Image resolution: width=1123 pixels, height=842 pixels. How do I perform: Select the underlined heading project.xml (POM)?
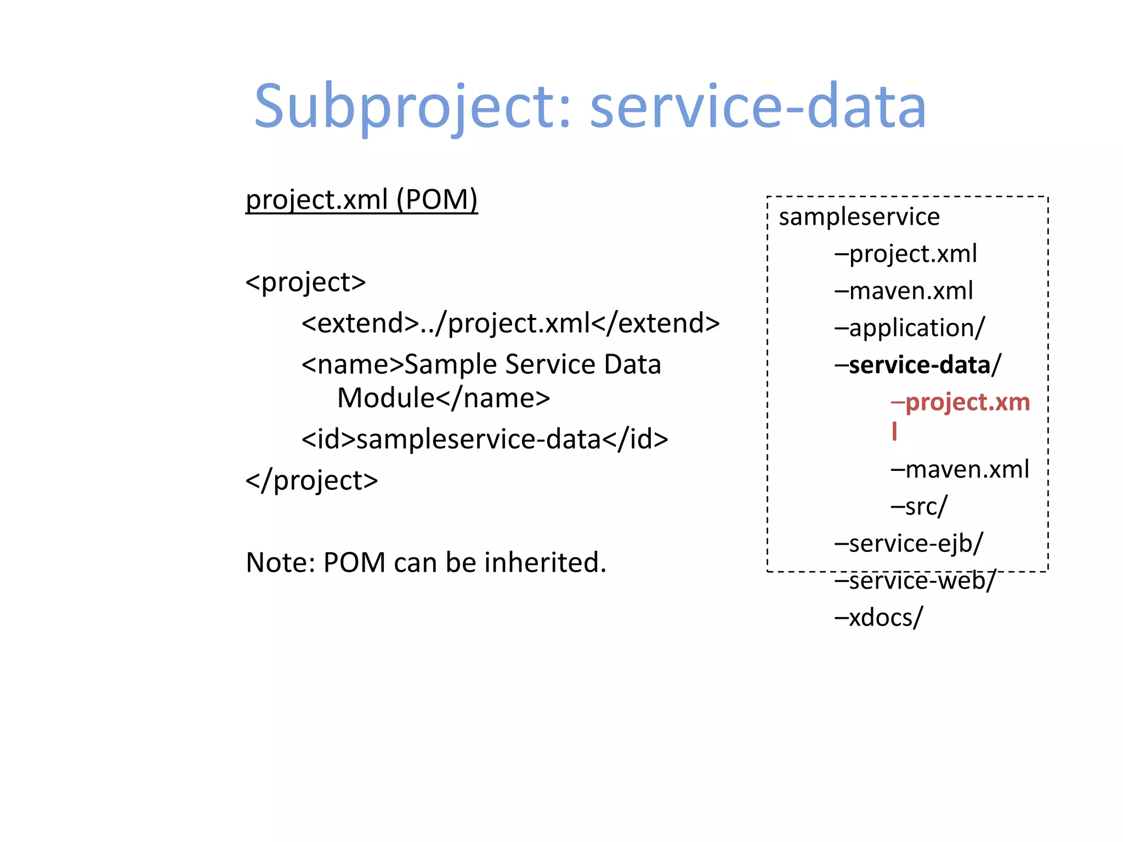pos(361,200)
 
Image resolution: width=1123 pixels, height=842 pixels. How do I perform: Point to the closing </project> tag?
pos(311,481)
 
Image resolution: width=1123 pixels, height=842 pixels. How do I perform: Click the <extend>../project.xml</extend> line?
pos(510,323)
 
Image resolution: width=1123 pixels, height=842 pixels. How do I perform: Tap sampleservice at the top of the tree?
pos(859,217)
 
